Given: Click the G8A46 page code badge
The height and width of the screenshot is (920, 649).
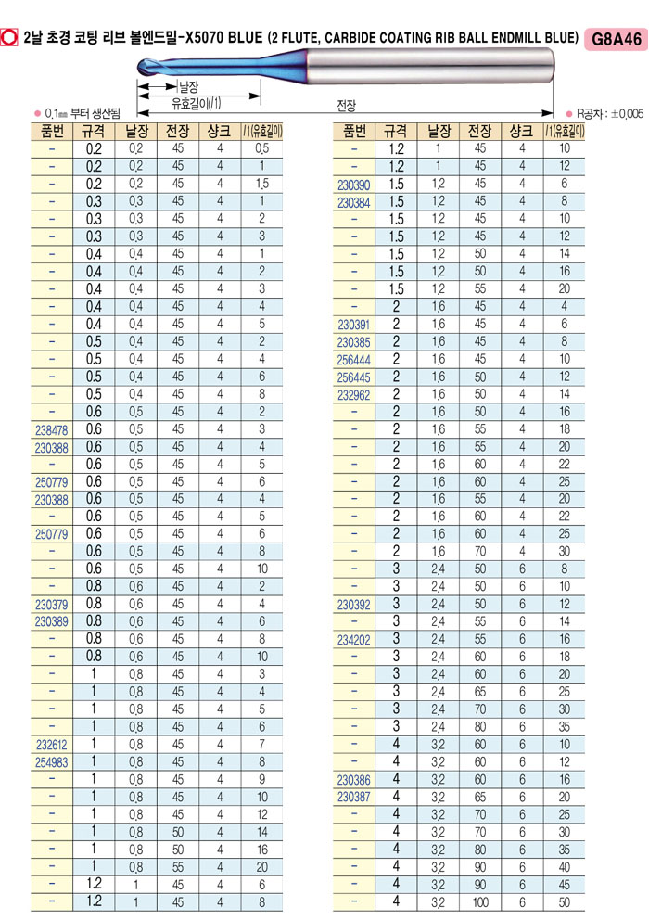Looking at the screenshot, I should [615, 38].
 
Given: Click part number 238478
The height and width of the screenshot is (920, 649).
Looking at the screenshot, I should [50, 429].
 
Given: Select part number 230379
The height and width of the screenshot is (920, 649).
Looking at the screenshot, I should [50, 605].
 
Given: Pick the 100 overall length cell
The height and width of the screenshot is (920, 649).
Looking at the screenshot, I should [479, 901].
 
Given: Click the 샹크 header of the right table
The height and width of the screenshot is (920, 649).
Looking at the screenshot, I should [521, 131].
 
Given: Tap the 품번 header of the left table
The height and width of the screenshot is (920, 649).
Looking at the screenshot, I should [50, 131].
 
